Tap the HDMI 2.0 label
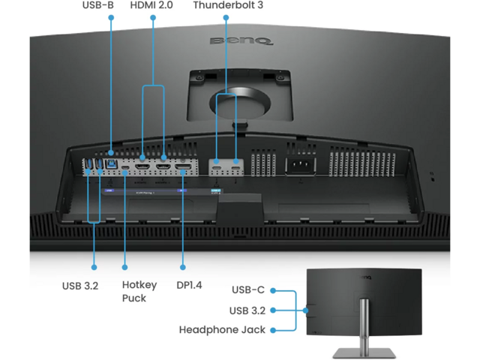click(x=153, y=5)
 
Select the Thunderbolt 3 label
click(x=226, y=5)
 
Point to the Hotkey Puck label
click(x=139, y=291)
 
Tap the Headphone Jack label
click(x=222, y=330)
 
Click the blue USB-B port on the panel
click(x=112, y=162)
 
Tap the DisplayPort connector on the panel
click(x=182, y=163)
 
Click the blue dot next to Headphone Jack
click(x=274, y=330)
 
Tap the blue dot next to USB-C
click(x=274, y=289)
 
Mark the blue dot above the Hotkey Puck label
click(x=124, y=266)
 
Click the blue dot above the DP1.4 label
click(x=184, y=266)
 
